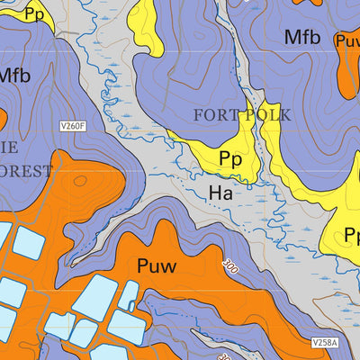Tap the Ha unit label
tap(220, 193)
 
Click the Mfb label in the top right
tap(302, 37)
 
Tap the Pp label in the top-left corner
tap(34, 13)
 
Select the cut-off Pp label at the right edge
tap(352, 236)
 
